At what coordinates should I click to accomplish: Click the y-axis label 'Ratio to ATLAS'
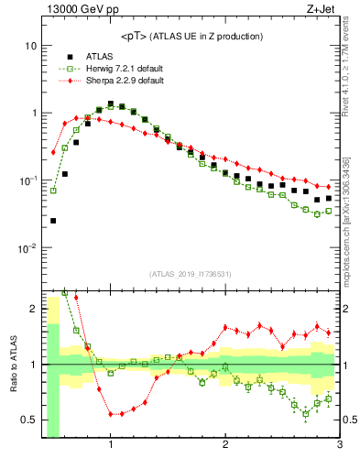(x=13, y=365)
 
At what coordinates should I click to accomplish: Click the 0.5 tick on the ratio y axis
(x=27, y=420)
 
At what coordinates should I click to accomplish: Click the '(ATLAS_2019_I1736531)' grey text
(x=191, y=274)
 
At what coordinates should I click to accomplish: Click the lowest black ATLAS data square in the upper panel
(x=53, y=221)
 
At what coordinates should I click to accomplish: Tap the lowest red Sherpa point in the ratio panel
(x=111, y=414)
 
